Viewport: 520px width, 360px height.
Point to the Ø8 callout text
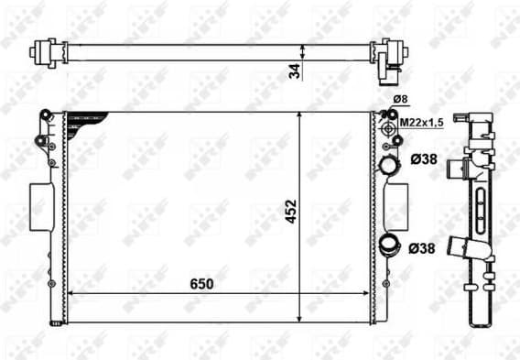(400, 99)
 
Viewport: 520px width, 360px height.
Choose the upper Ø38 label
(422, 159)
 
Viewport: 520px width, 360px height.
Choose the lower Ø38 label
(422, 247)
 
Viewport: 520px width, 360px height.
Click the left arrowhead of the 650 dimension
(73, 294)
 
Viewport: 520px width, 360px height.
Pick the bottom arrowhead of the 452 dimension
(299, 322)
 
